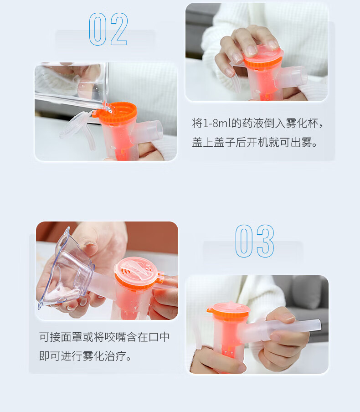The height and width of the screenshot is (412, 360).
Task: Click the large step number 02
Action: coord(108,29)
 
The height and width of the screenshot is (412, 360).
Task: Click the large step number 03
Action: coord(254,241)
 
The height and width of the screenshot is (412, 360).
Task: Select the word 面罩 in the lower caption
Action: coord(72,337)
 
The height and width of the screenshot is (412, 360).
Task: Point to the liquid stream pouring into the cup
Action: coord(107,106)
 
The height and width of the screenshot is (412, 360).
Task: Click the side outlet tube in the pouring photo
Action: coord(149,133)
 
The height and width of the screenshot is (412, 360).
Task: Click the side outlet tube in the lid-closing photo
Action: coord(292,77)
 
